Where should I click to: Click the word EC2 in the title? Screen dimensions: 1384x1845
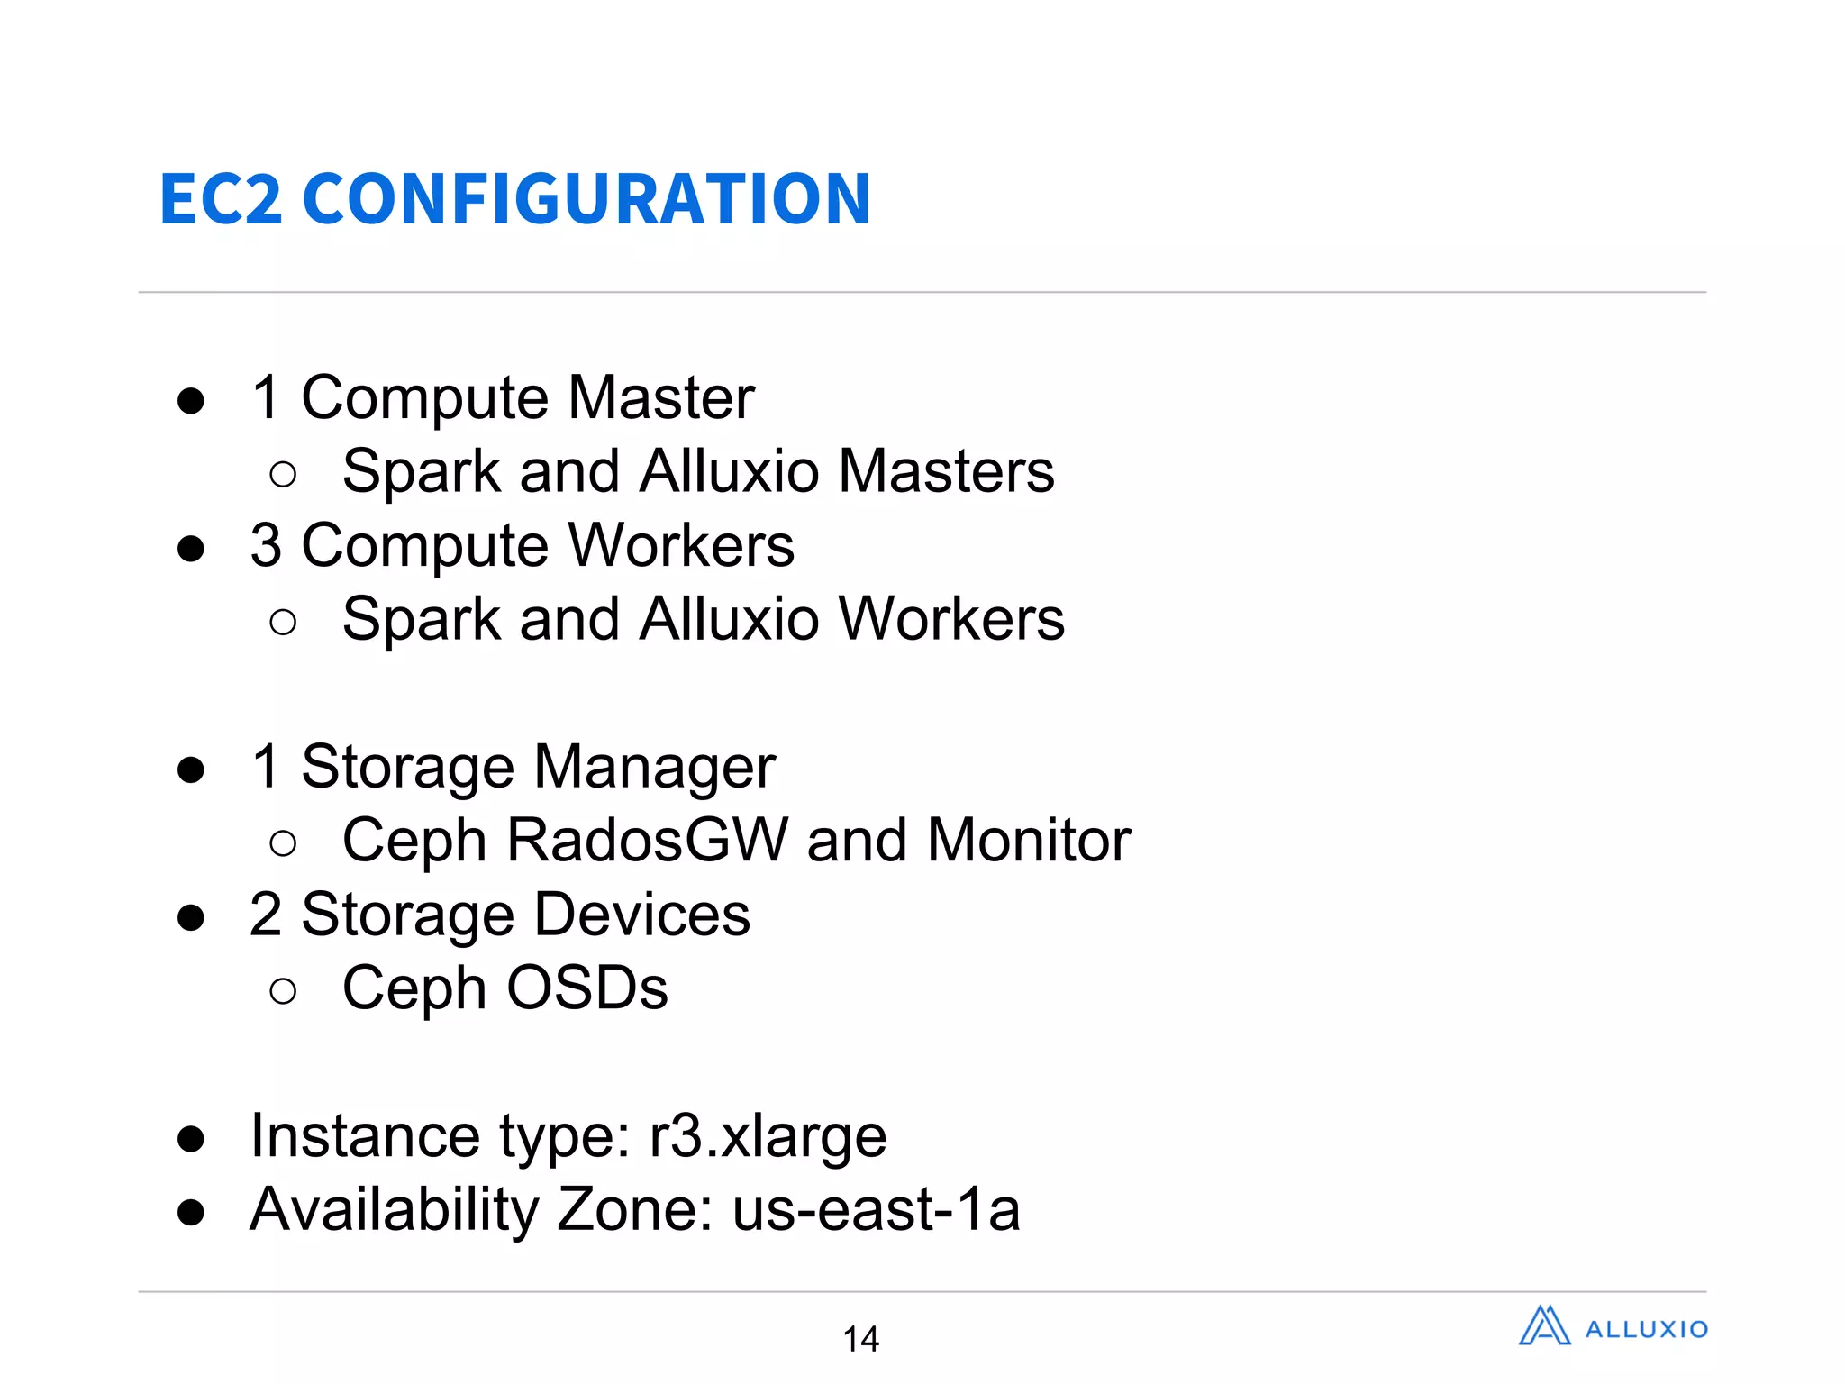click(221, 199)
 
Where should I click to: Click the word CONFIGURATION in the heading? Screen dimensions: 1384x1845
click(586, 199)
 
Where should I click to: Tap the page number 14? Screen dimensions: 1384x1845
click(860, 1339)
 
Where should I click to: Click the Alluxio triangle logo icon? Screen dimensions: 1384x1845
click(1544, 1326)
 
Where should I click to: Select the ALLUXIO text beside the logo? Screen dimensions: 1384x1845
click(1646, 1330)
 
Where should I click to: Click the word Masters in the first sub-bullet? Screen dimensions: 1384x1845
click(946, 471)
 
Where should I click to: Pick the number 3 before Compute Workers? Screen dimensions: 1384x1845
click(266, 546)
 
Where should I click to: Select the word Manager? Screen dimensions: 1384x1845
click(655, 767)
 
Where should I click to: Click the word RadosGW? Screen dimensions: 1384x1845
click(648, 841)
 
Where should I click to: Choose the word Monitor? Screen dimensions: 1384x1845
click(1029, 841)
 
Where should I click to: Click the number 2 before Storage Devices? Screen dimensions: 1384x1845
click(266, 915)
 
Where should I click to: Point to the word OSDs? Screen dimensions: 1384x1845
click(586, 988)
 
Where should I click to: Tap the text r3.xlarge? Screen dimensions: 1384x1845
click(768, 1136)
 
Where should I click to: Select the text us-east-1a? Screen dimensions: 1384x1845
click(876, 1210)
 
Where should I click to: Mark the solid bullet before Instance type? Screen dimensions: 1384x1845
click(191, 1139)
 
